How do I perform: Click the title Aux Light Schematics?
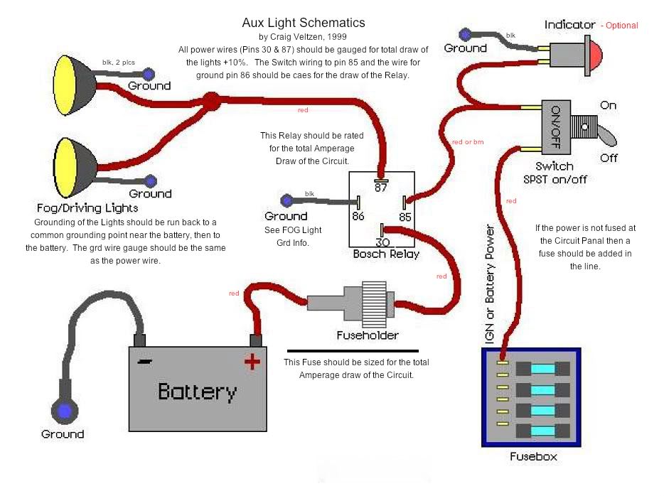(x=304, y=23)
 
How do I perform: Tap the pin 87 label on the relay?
(x=381, y=186)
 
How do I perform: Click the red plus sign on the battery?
(x=252, y=362)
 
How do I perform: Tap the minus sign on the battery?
(x=144, y=361)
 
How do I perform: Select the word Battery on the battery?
(x=197, y=392)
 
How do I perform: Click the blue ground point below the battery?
(x=63, y=411)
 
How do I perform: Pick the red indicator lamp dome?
(x=594, y=54)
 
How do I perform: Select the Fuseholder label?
(x=368, y=335)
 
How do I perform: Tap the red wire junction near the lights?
(x=211, y=101)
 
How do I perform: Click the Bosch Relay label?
(x=386, y=254)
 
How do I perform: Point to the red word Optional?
(x=621, y=26)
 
